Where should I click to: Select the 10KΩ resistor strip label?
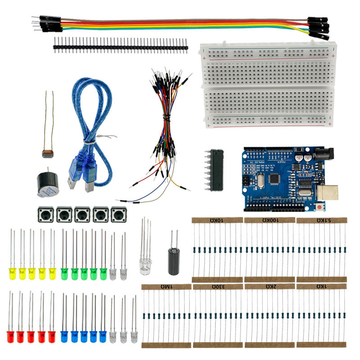[x=217, y=220]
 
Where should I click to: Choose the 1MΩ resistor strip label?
[x=166, y=287]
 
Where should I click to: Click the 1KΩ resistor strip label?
[x=321, y=287]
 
